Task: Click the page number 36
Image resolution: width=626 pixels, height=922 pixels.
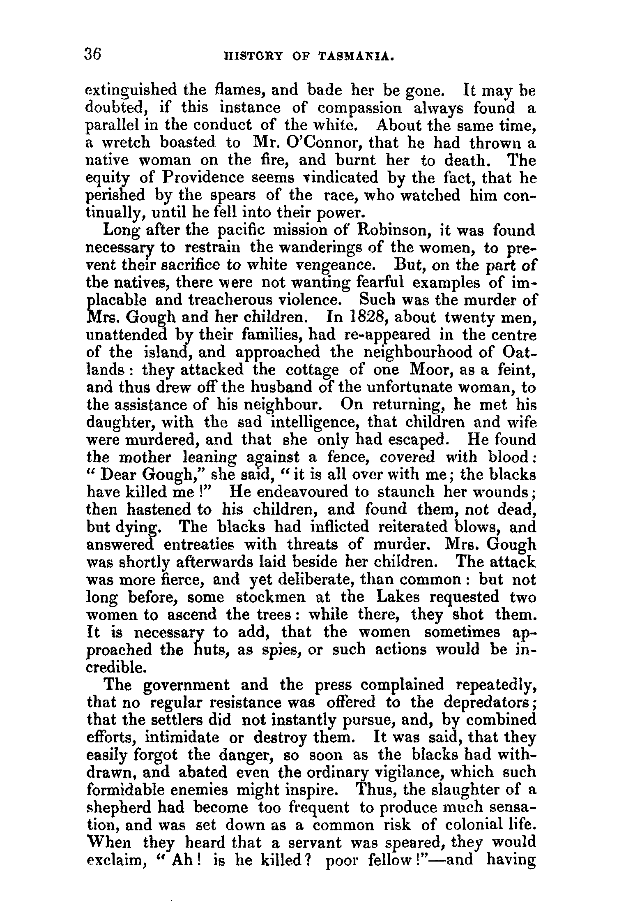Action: click(x=93, y=54)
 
